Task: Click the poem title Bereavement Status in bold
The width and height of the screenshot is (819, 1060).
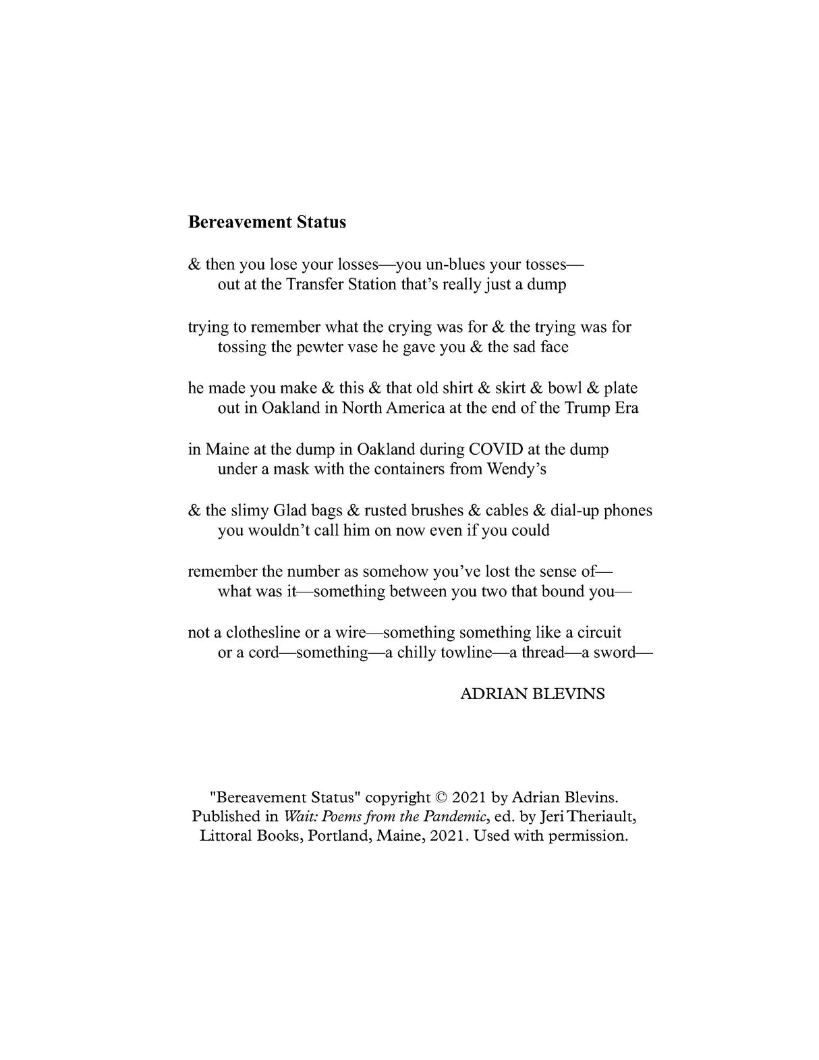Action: pos(266,222)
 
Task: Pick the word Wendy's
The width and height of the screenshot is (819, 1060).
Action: pos(517,469)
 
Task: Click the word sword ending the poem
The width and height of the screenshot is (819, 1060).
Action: pos(614,653)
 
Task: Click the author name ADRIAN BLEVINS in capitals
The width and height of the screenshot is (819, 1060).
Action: pos(532,694)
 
